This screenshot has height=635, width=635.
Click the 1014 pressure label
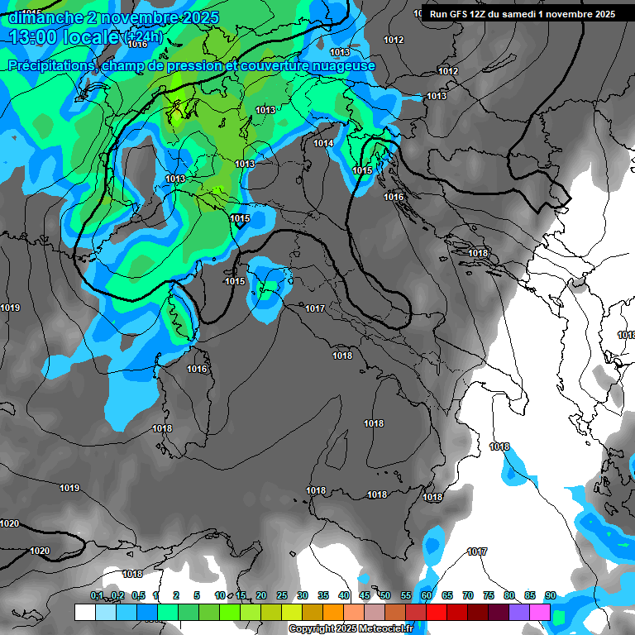point(323,144)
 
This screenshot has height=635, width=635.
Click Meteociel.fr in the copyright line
point(386,628)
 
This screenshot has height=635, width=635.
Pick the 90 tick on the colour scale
point(550,595)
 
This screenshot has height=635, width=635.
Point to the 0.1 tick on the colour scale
point(97,595)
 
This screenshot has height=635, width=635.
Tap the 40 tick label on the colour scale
point(344,595)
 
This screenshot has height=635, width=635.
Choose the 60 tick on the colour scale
point(427,595)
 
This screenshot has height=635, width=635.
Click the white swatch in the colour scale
point(84,612)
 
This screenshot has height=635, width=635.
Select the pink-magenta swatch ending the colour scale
point(540,612)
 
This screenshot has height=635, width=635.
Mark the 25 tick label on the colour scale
point(282,595)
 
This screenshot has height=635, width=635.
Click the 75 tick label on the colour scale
point(489,595)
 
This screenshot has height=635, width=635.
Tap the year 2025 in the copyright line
point(346,628)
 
